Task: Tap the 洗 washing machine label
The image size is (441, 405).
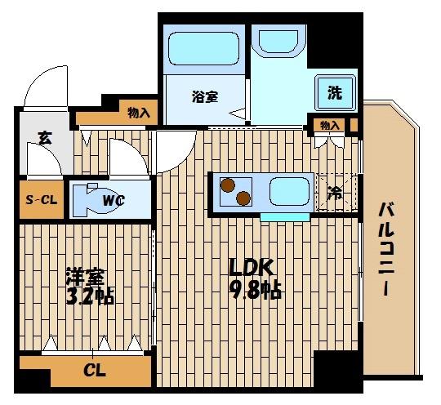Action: point(335,93)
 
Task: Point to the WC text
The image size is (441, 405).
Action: point(114,198)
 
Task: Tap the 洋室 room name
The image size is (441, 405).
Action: point(84,276)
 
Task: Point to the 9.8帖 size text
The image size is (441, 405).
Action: point(255,290)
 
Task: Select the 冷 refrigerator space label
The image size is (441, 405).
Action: point(335,194)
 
